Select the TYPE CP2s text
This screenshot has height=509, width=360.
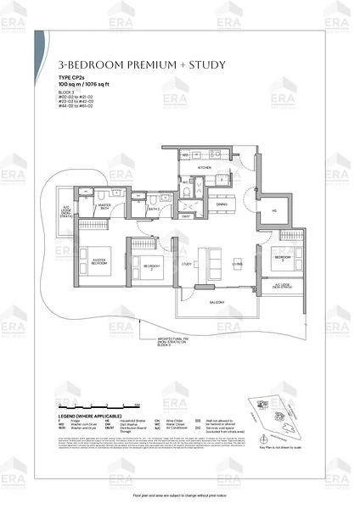point(72,77)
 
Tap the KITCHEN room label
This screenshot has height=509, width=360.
point(205,168)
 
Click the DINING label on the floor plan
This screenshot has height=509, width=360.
point(222,204)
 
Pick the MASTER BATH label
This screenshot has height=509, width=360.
point(105,205)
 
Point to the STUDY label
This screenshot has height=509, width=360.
point(185,264)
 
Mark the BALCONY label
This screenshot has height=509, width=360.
point(217,302)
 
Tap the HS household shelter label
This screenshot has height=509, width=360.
point(274,211)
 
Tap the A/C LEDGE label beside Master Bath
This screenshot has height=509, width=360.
point(65,210)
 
